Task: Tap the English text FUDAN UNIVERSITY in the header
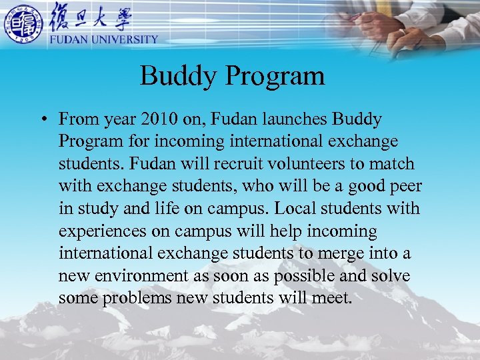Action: [103, 39]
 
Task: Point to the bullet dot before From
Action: [41, 120]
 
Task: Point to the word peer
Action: [404, 187]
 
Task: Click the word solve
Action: [390, 276]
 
